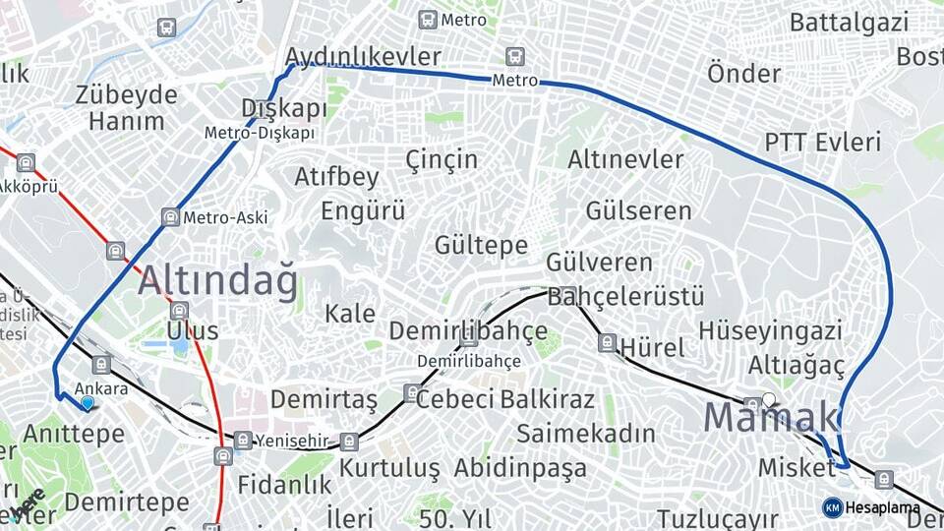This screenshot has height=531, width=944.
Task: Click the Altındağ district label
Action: (x=217, y=282)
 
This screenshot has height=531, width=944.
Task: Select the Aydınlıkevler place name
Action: (x=363, y=56)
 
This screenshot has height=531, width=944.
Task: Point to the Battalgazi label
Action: (x=853, y=21)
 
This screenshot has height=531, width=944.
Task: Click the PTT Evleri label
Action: (x=823, y=143)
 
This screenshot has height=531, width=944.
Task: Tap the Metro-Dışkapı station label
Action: (x=260, y=133)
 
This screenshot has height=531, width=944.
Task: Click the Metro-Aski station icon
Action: (x=171, y=217)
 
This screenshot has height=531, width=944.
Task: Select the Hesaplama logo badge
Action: (x=833, y=507)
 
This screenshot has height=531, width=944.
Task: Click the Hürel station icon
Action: (x=608, y=342)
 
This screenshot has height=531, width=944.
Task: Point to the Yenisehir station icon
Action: (x=243, y=440)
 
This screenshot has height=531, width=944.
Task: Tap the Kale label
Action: (x=350, y=314)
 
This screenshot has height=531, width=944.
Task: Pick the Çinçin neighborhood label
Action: (x=442, y=159)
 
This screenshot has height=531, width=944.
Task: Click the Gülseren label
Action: (x=639, y=210)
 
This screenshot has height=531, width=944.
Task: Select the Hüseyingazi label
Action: (x=770, y=330)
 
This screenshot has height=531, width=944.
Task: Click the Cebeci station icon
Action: (x=410, y=393)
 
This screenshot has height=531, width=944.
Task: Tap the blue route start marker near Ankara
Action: (x=88, y=402)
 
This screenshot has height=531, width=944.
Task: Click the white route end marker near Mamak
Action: (x=768, y=399)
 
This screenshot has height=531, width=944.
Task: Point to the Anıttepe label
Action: (x=74, y=433)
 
